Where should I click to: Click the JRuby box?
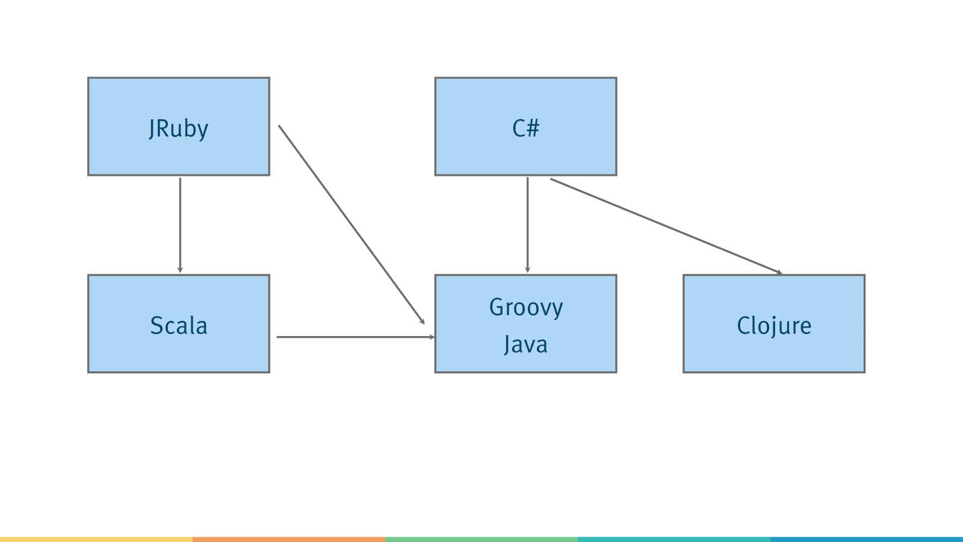coord(179,126)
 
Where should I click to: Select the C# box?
coord(526,126)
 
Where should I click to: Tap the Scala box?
coord(179,323)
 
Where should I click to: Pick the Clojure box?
coord(774,323)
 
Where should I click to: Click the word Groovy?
coord(526,308)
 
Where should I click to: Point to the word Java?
coord(526,344)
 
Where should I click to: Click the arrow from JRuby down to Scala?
coord(180,225)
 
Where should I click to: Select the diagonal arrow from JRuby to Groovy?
coord(351,225)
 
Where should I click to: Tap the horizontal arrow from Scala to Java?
coord(356,337)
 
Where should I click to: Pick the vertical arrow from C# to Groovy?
coord(527,225)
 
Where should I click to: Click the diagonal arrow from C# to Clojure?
coord(666,226)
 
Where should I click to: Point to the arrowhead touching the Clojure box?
coord(779,272)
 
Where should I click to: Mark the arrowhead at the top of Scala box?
coord(180,270)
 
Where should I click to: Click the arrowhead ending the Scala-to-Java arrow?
coord(432,337)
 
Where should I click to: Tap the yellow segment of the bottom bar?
coord(96,540)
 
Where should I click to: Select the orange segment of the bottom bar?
coord(289,540)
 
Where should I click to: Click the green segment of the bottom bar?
coord(482,540)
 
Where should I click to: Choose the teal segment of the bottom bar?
coord(674,540)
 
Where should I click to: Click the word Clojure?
coord(774,326)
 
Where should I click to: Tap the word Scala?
coord(179,326)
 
